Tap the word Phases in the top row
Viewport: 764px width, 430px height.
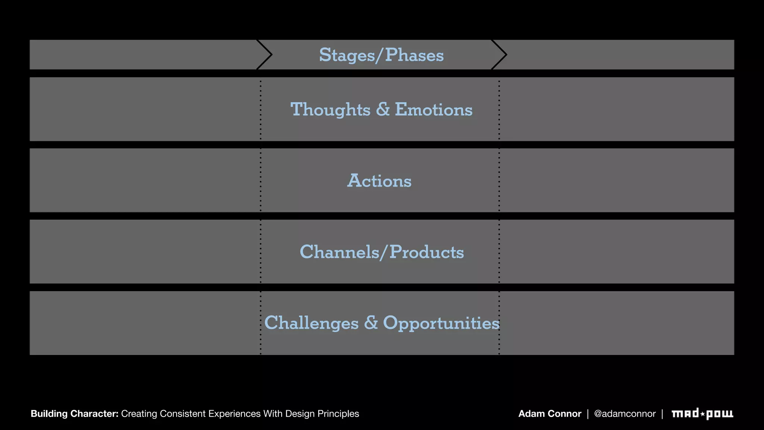[414, 55]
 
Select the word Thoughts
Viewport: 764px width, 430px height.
[330, 110]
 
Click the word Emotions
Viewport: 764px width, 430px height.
[433, 110]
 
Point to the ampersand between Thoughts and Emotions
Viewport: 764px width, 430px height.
[383, 109]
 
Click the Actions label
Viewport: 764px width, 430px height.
[379, 181]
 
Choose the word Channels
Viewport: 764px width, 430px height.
[339, 252]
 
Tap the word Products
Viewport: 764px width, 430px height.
[427, 252]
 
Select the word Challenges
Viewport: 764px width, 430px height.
[311, 323]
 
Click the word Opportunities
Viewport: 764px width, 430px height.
[441, 323]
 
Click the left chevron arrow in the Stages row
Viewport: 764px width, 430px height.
[265, 55]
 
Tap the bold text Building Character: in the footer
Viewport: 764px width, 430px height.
[74, 414]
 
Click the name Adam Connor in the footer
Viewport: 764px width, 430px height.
[549, 414]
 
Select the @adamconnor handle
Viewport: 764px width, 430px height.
[624, 414]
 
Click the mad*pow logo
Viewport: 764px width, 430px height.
[702, 414]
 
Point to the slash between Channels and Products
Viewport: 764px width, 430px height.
[384, 252]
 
